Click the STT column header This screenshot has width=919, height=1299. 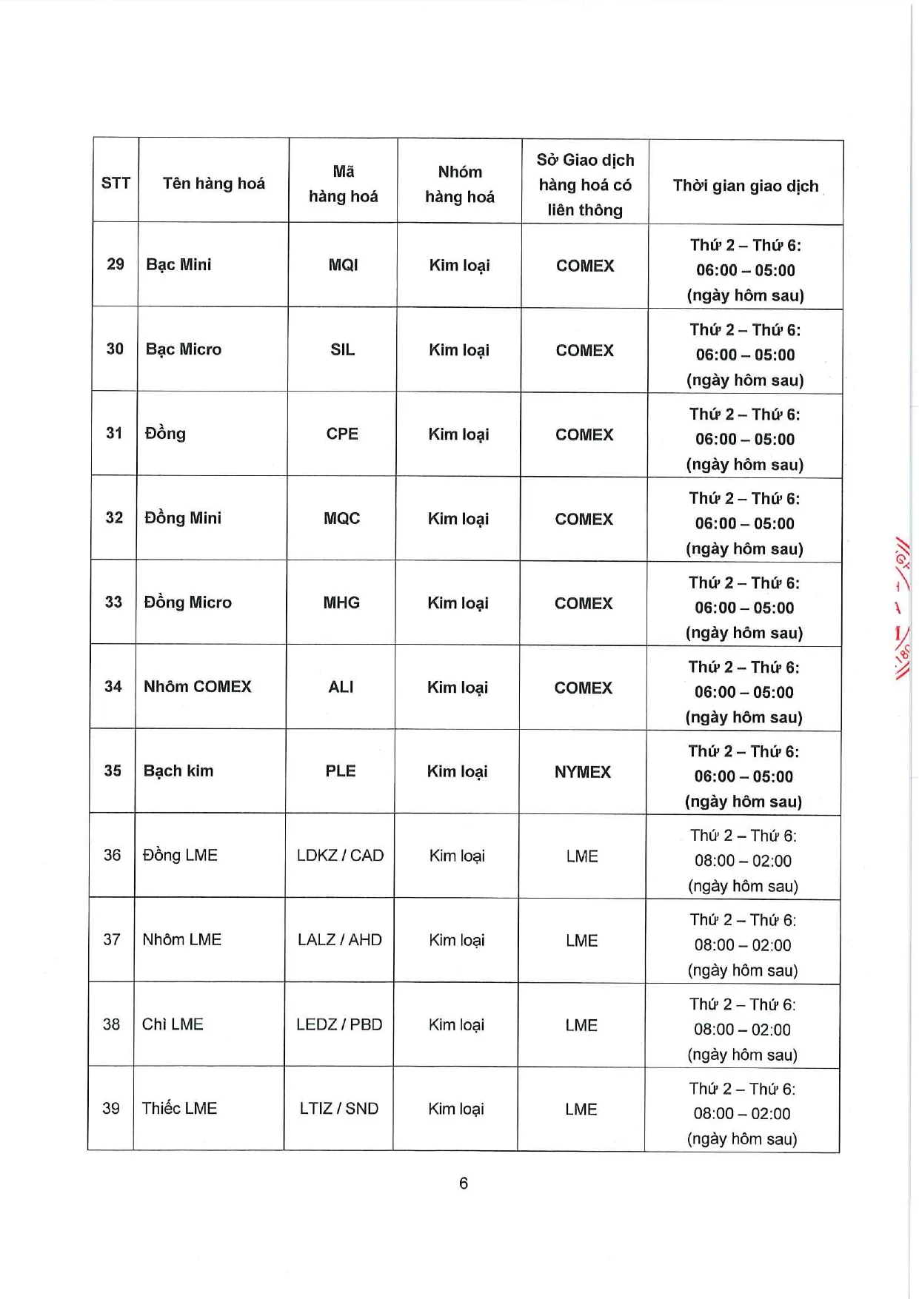click(116, 184)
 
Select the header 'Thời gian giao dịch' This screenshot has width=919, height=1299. click(745, 186)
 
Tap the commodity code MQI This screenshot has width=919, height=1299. click(343, 265)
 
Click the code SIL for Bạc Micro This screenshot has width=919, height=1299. click(342, 349)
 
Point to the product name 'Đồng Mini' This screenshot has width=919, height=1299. click(183, 518)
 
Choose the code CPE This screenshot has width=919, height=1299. click(342, 434)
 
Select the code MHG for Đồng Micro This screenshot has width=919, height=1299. click(341, 602)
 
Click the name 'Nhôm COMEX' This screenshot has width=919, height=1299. click(198, 687)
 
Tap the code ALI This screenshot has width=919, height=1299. click(341, 687)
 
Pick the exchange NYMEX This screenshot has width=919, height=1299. click(583, 772)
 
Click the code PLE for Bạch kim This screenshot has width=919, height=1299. click(341, 771)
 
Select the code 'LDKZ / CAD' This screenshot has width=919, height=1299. click(340, 856)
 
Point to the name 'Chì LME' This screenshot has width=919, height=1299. click(173, 1024)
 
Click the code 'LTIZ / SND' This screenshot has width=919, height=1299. click(339, 1109)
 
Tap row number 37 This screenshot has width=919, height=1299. click(112, 940)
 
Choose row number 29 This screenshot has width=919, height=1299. click(116, 264)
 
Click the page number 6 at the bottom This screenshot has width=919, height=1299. click(464, 1184)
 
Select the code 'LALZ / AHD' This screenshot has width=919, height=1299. click(340, 940)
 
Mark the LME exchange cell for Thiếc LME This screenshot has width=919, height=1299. click(581, 1110)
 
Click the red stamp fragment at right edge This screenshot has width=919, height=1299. click(901, 607)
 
